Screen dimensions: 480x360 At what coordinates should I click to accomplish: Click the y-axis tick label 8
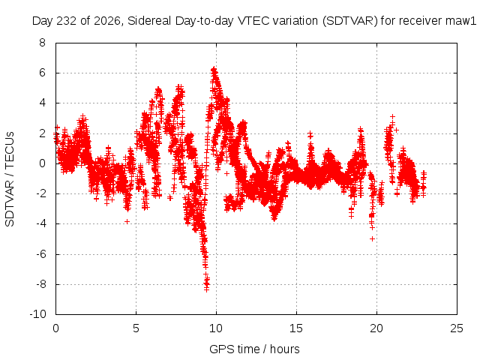[42, 43]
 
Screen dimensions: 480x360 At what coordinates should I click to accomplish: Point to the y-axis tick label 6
[42, 73]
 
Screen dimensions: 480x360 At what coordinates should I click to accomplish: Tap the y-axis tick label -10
[37, 314]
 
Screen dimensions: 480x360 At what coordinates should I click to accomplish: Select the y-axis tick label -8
[40, 284]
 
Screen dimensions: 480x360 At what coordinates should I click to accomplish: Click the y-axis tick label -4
[40, 223]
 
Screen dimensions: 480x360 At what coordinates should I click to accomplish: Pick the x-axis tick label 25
[457, 328]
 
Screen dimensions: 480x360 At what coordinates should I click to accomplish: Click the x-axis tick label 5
[136, 328]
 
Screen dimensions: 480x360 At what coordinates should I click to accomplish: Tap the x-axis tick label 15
[296, 328]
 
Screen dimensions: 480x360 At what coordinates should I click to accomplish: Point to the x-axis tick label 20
[376, 328]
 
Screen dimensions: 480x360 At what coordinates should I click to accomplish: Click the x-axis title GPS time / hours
[254, 349]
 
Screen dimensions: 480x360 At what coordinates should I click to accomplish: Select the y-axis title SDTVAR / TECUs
[10, 179]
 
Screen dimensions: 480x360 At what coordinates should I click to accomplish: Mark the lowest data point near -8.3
[207, 289]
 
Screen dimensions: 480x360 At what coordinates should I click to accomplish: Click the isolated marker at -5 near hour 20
[372, 238]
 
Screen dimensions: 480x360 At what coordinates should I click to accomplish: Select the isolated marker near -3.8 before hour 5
[127, 221]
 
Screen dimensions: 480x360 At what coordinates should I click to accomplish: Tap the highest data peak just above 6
[214, 70]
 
